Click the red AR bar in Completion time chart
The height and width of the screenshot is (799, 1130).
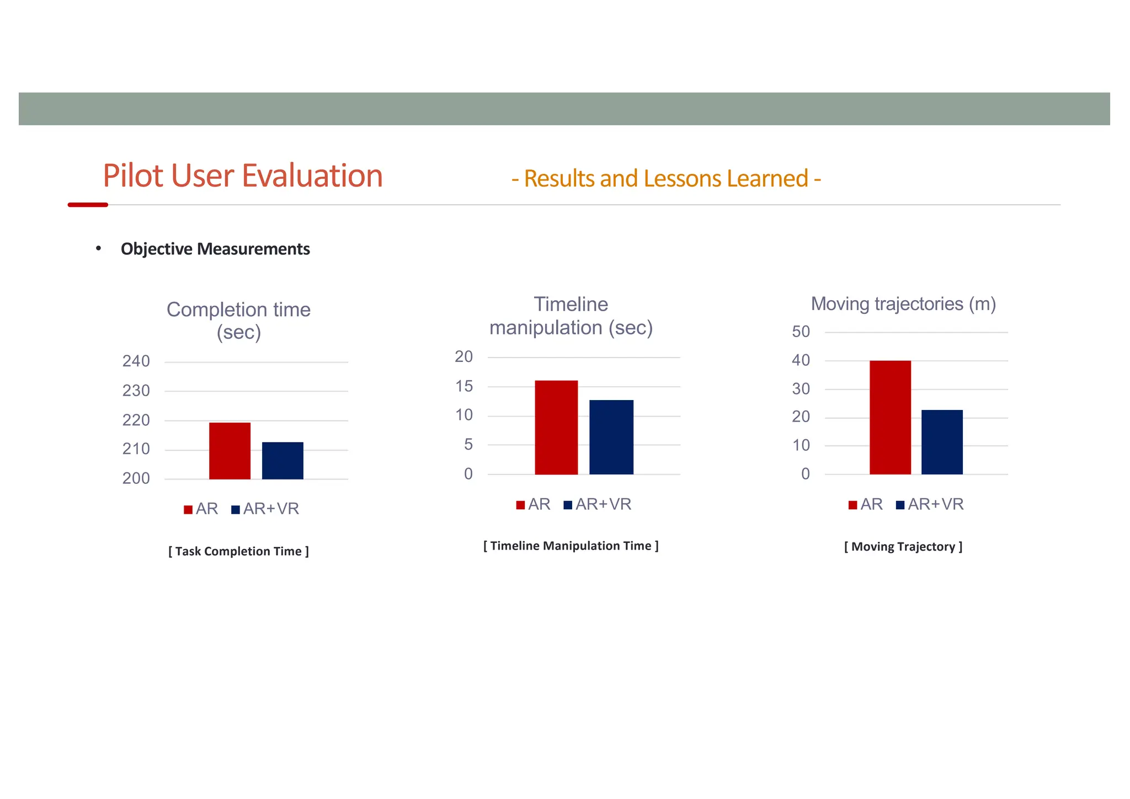pyautogui.click(x=230, y=451)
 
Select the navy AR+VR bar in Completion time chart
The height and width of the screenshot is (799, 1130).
pyautogui.click(x=282, y=461)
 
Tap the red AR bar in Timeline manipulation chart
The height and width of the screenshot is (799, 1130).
pyautogui.click(x=556, y=428)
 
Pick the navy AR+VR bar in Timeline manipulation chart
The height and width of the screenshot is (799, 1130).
pyautogui.click(x=611, y=437)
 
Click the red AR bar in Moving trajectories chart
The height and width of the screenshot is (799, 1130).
pyautogui.click(x=890, y=418)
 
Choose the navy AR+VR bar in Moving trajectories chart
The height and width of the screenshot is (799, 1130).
pyautogui.click(x=942, y=442)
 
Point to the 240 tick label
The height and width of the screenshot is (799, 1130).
pyautogui.click(x=136, y=361)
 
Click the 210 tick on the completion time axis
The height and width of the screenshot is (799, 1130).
pyautogui.click(x=136, y=449)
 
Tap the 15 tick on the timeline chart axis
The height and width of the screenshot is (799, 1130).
pyautogui.click(x=464, y=386)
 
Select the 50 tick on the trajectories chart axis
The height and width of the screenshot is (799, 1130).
pyautogui.click(x=801, y=332)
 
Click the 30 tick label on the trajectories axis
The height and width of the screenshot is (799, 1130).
pyautogui.click(x=801, y=389)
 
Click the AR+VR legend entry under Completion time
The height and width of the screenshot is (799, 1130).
pyautogui.click(x=265, y=509)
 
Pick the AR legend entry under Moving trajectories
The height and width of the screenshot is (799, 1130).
pyautogui.click(x=866, y=504)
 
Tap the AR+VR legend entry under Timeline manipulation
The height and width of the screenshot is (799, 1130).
pyautogui.click(x=598, y=504)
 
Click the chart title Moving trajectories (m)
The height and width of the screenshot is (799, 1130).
pyautogui.click(x=903, y=304)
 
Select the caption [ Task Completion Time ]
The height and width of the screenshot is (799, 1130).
pyautogui.click(x=238, y=551)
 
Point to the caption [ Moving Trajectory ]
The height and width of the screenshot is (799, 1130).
pyautogui.click(x=903, y=547)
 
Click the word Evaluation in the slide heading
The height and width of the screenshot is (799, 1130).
pyautogui.click(x=312, y=176)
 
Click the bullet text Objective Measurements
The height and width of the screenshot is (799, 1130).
pyautogui.click(x=215, y=249)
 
